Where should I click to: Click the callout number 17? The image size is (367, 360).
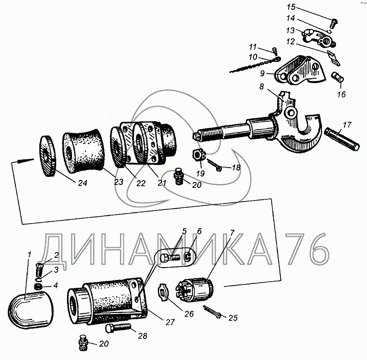(x=347, y=124)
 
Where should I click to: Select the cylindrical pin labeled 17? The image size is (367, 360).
(x=342, y=139)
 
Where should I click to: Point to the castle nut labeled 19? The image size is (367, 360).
(x=199, y=155)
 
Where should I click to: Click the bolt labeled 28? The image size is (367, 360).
(x=118, y=328)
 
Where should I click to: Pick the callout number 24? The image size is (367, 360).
(x=83, y=183)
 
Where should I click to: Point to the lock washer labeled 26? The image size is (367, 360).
(x=163, y=292)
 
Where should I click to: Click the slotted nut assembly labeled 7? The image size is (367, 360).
(x=195, y=290)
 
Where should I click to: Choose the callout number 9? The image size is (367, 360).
(x=262, y=73)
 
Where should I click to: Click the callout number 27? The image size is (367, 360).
(x=170, y=322)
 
